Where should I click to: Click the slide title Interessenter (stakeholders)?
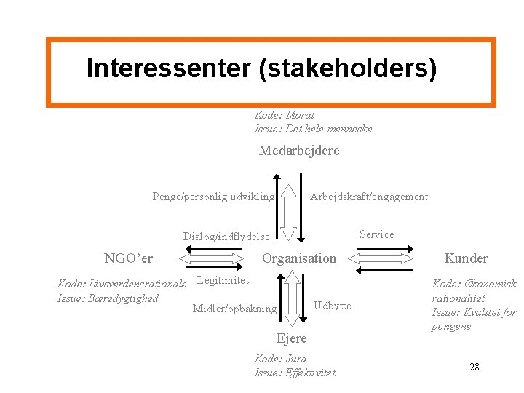pyautogui.click(x=261, y=68)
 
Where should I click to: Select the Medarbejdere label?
pyautogui.click(x=299, y=151)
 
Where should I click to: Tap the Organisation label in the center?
pyautogui.click(x=299, y=258)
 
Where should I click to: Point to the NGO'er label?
pyautogui.click(x=129, y=258)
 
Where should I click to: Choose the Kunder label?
pyautogui.click(x=466, y=258)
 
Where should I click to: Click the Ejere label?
pyautogui.click(x=291, y=338)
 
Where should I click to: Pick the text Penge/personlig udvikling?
pyautogui.click(x=213, y=196)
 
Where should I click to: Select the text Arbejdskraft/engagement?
pyautogui.click(x=369, y=196)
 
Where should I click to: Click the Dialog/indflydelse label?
pyautogui.click(x=226, y=237)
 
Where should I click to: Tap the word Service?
pyautogui.click(x=376, y=234)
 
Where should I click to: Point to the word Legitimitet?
pyautogui.click(x=223, y=280)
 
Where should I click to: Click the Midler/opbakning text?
pyautogui.click(x=234, y=309)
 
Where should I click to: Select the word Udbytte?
pyautogui.click(x=333, y=306)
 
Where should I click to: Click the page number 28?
pyautogui.click(x=474, y=367)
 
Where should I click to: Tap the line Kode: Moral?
pyautogui.click(x=285, y=115)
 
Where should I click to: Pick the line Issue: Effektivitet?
pyautogui.click(x=295, y=373)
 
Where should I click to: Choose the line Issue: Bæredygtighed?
pyautogui.click(x=108, y=298)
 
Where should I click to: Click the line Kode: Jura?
pyautogui.click(x=280, y=359)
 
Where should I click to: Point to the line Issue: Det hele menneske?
pyautogui.click(x=313, y=129)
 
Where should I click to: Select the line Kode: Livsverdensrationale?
pyautogui.click(x=122, y=283)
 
